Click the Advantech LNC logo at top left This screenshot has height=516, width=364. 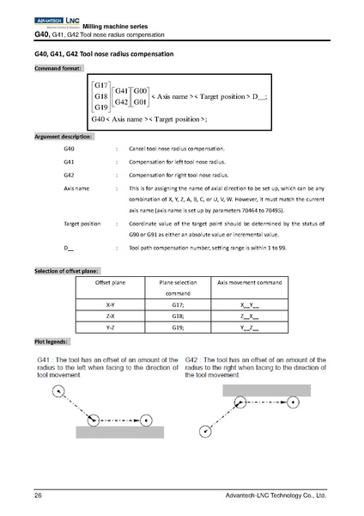(x=57, y=17)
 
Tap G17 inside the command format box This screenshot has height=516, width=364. (x=100, y=86)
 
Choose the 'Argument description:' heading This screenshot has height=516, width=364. (x=65, y=137)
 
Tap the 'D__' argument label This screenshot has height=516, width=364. (x=69, y=248)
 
